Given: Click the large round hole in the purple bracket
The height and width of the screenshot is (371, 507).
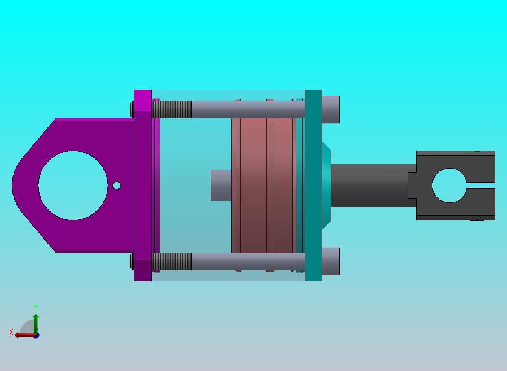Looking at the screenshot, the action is click(73, 185).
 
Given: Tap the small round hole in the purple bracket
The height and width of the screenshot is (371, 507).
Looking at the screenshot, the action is click(117, 185).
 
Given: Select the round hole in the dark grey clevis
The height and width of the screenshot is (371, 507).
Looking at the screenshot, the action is click(449, 185).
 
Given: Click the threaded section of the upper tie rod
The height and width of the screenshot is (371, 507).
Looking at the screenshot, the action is click(172, 109).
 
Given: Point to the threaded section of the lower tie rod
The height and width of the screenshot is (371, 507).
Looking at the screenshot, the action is click(172, 261).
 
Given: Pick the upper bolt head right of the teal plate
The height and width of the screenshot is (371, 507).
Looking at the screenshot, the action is click(331, 109).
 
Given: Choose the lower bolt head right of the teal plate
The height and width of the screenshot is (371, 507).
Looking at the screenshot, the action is click(331, 261).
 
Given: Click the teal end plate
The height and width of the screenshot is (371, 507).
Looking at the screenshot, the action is click(313, 185).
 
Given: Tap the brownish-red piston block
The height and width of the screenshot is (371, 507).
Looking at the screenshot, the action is click(264, 185).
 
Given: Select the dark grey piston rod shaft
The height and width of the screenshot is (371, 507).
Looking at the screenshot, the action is click(373, 185).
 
